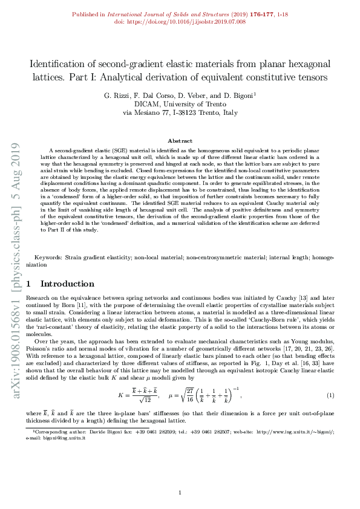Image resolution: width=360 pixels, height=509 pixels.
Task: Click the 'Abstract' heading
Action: point(180,140)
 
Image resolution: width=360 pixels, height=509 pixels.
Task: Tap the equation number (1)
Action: point(330,395)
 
